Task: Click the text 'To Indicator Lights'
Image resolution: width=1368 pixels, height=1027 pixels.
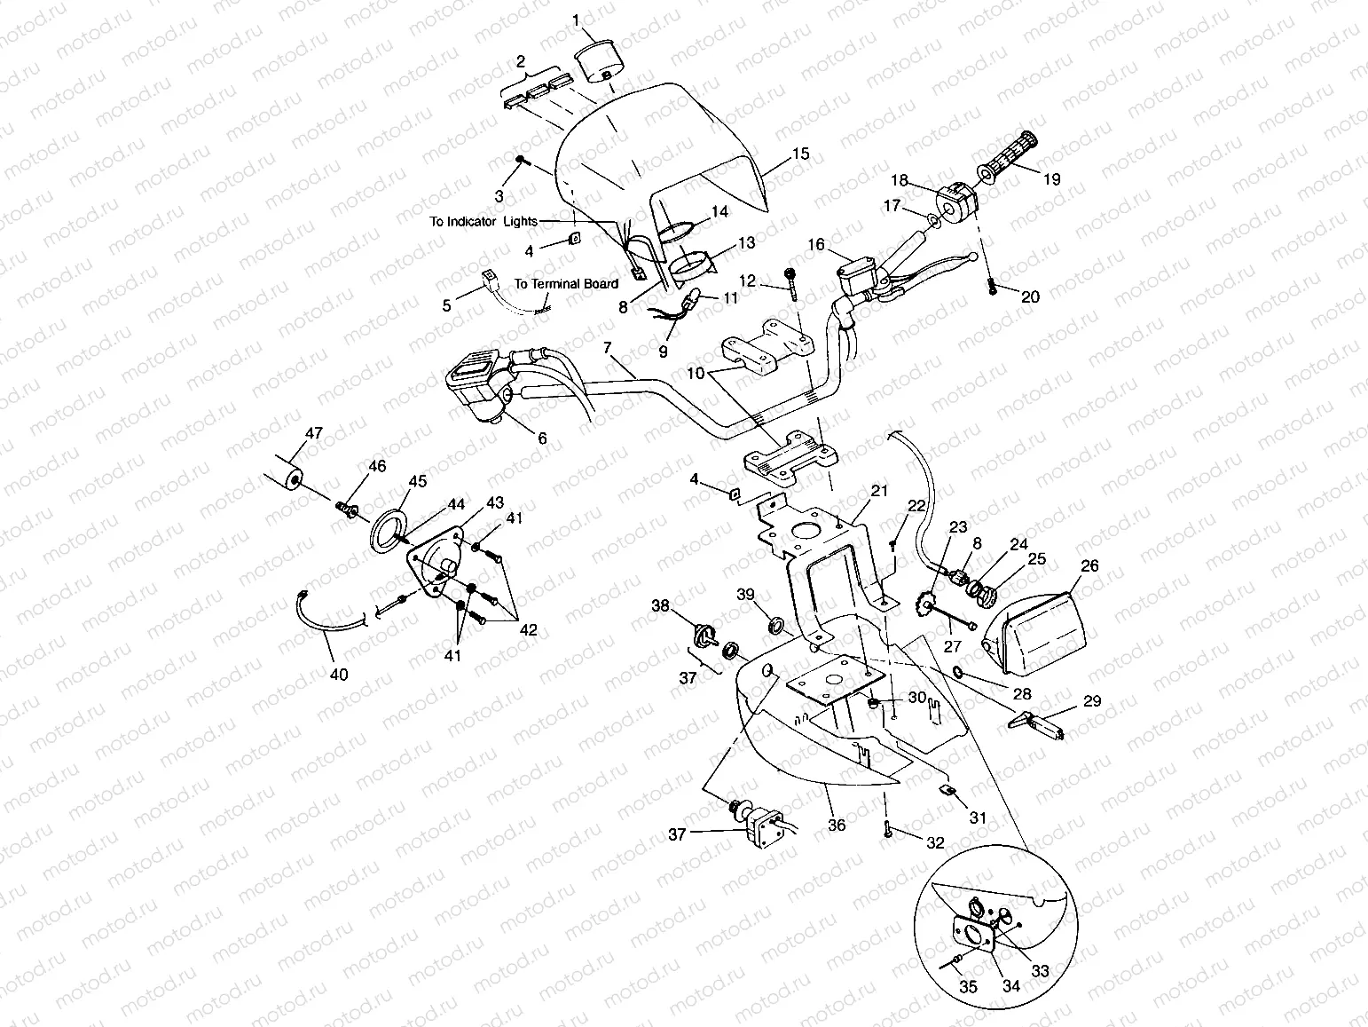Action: [484, 221]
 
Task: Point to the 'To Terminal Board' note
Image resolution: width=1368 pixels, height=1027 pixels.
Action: [566, 284]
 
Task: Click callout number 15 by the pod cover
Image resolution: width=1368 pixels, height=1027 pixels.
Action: [800, 154]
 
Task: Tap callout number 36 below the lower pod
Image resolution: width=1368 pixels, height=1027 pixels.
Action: [837, 825]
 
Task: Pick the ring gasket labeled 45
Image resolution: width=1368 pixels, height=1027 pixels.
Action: [389, 530]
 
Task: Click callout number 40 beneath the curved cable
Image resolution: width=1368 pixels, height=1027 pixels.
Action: [339, 675]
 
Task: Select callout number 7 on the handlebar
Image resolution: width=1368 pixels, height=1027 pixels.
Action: [607, 348]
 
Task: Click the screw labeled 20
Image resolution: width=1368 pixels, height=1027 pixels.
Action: [991, 285]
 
